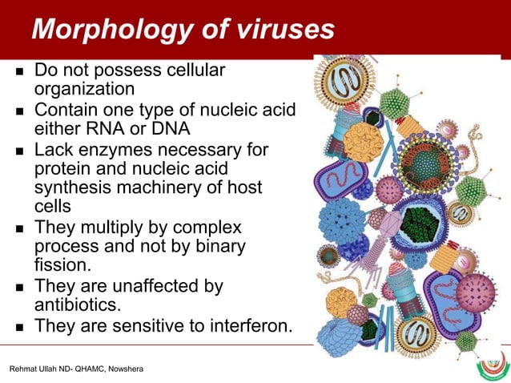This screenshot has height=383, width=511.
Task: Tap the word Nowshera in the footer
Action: click(123, 369)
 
